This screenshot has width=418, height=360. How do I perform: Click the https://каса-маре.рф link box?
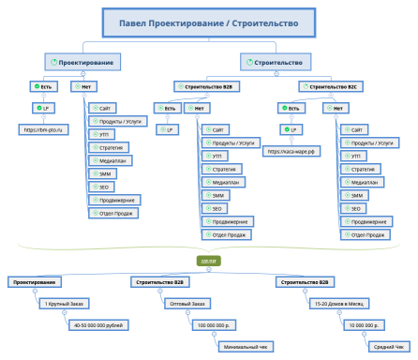(x=291, y=150)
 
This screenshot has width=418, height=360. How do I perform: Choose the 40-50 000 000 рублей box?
(x=97, y=325)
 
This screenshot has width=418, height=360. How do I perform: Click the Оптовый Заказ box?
(x=183, y=303)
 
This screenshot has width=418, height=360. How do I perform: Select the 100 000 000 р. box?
(x=216, y=325)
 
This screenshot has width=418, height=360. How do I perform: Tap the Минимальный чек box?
(x=244, y=347)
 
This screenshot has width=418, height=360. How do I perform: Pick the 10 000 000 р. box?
(x=360, y=325)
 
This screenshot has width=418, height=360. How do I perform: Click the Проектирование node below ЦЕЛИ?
(x=35, y=281)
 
